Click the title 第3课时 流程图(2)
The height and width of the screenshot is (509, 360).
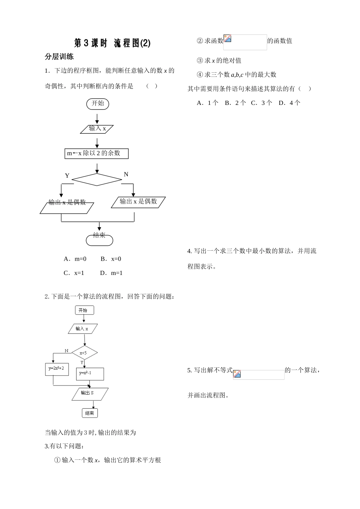pos(112,44)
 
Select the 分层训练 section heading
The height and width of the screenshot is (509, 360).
pos(59,57)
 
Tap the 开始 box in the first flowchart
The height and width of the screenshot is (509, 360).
pos(98,103)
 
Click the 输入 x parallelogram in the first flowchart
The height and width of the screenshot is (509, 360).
pos(97,129)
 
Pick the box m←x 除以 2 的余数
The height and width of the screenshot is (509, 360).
pos(96,153)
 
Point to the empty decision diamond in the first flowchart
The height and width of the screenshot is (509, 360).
pos(97,180)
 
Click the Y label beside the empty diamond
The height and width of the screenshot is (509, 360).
pos(67,176)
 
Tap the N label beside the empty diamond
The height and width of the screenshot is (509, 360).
pos(126,174)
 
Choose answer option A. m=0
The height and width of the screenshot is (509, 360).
pos(75,259)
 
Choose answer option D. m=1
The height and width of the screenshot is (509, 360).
pos(111,273)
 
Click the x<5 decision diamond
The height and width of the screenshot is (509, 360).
pos(84,353)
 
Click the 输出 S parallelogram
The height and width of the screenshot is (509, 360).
pos(90,394)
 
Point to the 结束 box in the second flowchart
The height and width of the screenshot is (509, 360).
pos(90,413)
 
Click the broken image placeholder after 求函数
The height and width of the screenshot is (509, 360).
pos(245,42)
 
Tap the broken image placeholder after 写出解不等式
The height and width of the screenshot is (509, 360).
pos(258,374)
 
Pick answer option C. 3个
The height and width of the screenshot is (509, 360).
pos(261,103)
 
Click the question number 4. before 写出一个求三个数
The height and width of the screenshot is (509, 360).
pos(190,251)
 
